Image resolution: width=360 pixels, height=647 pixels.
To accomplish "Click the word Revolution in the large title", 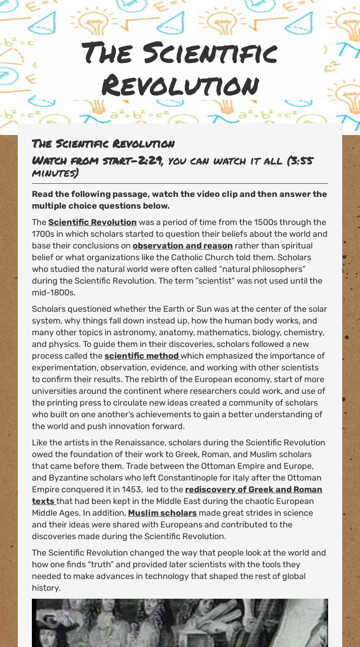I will pos(180,86).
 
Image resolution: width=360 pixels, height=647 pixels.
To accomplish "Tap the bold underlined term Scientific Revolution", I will pos(92,222).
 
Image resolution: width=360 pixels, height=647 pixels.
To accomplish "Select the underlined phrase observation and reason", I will pos(182,246).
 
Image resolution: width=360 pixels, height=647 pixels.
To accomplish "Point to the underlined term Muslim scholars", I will pos(162,513).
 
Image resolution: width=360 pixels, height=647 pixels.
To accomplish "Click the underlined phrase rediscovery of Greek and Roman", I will pos(254,489).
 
